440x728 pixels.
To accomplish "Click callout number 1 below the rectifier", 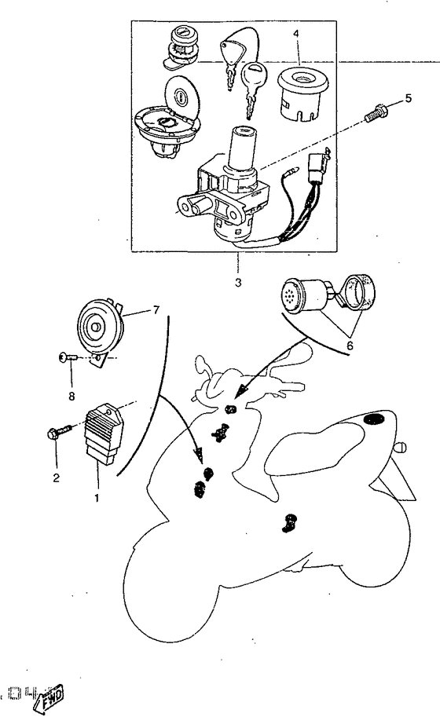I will pos(96,497).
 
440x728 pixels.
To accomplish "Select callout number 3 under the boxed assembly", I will pos(238,281).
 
